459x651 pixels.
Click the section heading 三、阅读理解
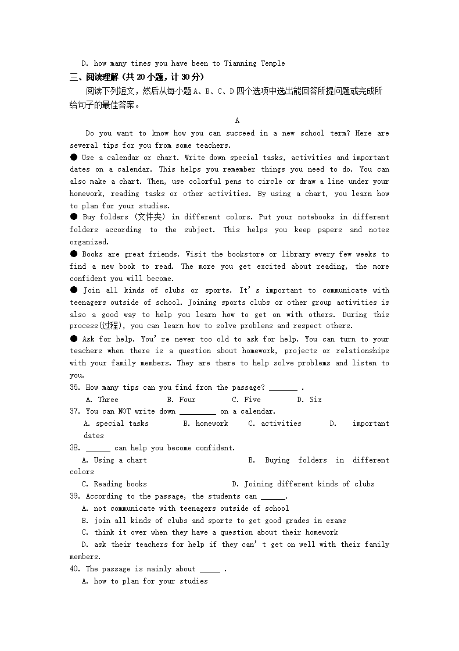click(96, 77)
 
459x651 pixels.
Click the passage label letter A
click(237, 120)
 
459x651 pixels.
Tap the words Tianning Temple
click(254, 63)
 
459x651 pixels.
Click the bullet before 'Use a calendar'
click(74, 157)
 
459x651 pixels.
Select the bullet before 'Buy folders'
click(74, 216)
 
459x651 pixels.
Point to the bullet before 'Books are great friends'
click(74, 254)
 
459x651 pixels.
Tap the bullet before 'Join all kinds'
click(74, 290)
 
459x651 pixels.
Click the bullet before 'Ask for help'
click(74, 339)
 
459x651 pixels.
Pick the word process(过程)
click(98, 326)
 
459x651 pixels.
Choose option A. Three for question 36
click(102, 400)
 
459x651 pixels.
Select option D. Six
click(309, 400)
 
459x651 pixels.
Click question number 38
click(75, 448)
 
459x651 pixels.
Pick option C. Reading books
click(114, 484)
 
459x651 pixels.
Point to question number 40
click(75, 569)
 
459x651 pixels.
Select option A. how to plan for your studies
click(145, 581)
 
